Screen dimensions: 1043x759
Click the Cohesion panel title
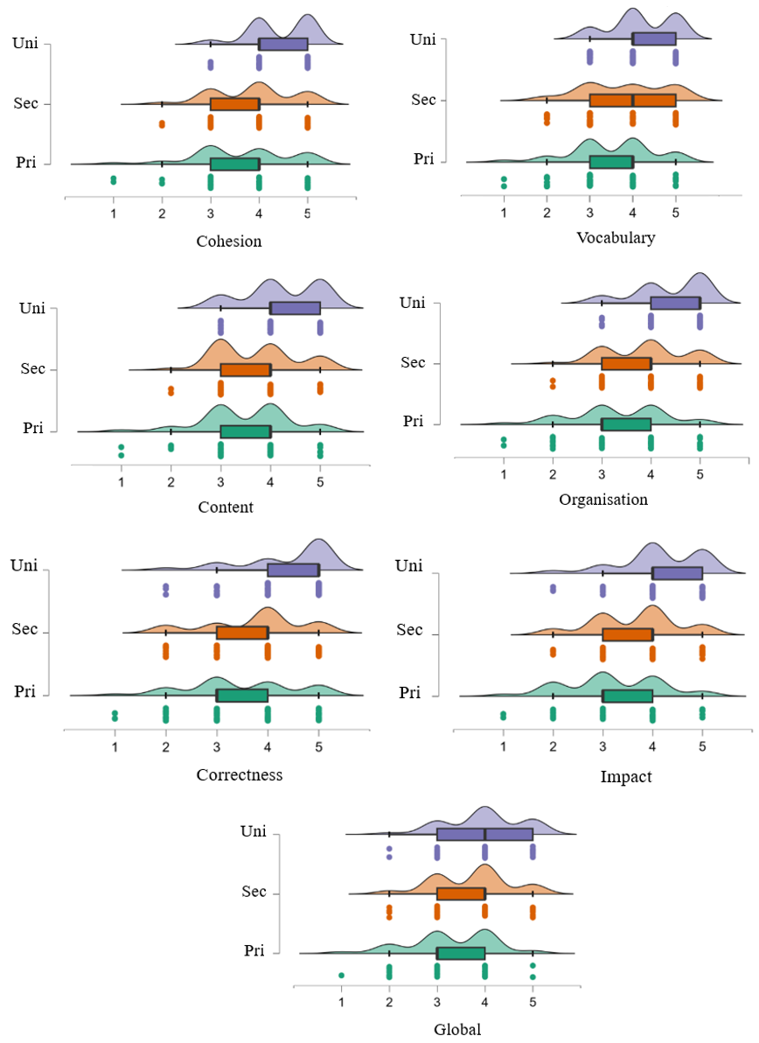(228, 241)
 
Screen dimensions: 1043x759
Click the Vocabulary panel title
(616, 238)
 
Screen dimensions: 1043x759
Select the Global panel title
(457, 1030)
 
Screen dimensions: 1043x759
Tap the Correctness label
(239, 775)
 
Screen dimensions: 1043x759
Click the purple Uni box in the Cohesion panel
(282, 44)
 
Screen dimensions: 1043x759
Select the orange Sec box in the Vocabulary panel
(632, 101)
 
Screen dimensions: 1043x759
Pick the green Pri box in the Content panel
(245, 431)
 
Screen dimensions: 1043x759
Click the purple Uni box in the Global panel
(484, 835)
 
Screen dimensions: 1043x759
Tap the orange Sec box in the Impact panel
(627, 634)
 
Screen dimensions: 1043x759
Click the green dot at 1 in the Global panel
(342, 975)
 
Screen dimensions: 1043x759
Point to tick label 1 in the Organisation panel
(504, 475)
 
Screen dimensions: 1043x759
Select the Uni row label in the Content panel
(31, 307)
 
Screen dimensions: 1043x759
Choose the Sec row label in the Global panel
(254, 892)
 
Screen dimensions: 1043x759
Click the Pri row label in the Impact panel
(409, 693)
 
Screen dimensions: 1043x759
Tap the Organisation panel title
(603, 500)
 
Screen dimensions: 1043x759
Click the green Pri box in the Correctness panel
(241, 696)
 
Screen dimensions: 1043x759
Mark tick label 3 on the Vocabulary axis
(589, 210)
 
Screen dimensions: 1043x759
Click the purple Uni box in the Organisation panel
(675, 303)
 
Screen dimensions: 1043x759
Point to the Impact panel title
(626, 776)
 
